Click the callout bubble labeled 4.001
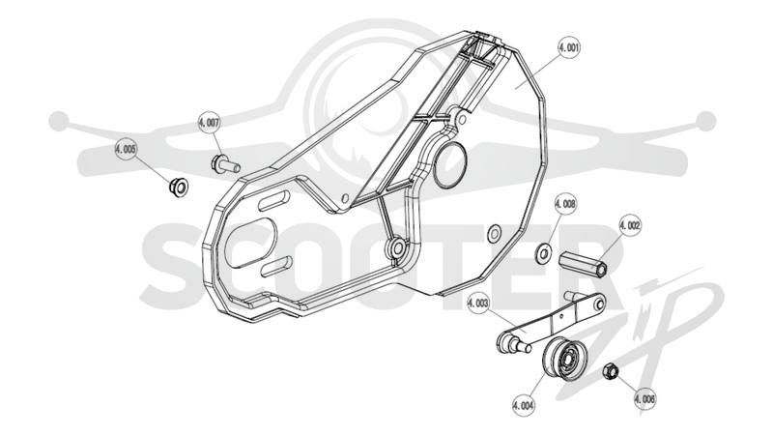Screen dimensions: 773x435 coord(569,47)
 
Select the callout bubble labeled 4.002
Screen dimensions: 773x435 coord(630,225)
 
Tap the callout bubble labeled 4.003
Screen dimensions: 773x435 coord(478,303)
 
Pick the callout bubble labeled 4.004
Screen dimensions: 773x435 coord(524,406)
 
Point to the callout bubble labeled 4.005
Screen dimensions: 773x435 coord(126,149)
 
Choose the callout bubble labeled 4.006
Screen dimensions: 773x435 coord(644,398)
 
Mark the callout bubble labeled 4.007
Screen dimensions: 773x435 coord(209,123)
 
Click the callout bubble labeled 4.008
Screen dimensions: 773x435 coord(565,204)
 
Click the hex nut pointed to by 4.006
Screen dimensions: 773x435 coord(611,371)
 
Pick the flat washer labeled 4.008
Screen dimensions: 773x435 coord(543,252)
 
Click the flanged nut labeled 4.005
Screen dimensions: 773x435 coord(179,187)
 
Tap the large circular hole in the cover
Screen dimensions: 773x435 coord(449,165)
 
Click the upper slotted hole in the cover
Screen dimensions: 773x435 coord(273,201)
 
